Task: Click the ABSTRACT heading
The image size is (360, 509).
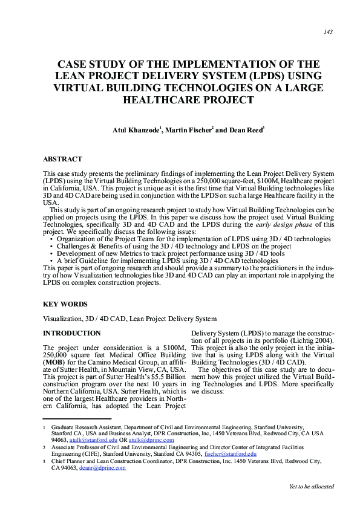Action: point(62,160)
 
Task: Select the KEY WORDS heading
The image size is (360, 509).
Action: point(65,304)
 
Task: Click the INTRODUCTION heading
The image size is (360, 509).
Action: point(72,333)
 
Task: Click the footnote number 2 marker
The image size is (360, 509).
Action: point(44,447)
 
